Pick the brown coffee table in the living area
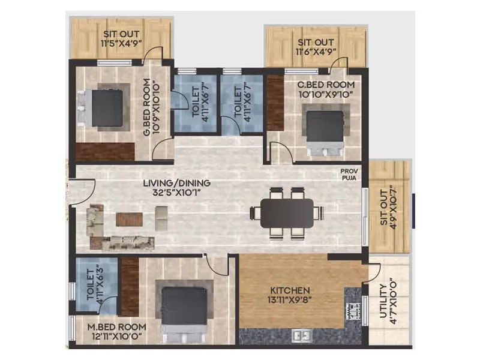pyautogui.click(x=129, y=220)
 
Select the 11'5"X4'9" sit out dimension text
pyautogui.click(x=122, y=44)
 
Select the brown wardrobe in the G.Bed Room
pyautogui.click(x=105, y=151)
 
